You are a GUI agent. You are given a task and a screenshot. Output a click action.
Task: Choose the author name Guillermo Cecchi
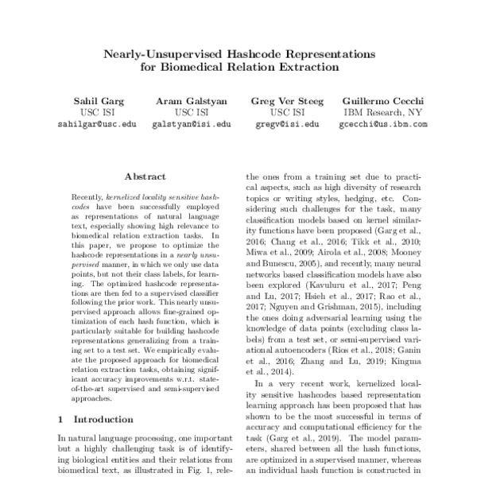[x=383, y=101]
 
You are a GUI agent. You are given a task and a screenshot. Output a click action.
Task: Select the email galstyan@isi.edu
[x=191, y=124]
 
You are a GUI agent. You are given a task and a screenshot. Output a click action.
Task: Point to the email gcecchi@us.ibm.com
[x=383, y=124]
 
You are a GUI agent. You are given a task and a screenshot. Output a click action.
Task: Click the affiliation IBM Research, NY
[x=383, y=113]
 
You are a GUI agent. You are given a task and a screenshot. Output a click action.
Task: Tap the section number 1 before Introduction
[x=61, y=418]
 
